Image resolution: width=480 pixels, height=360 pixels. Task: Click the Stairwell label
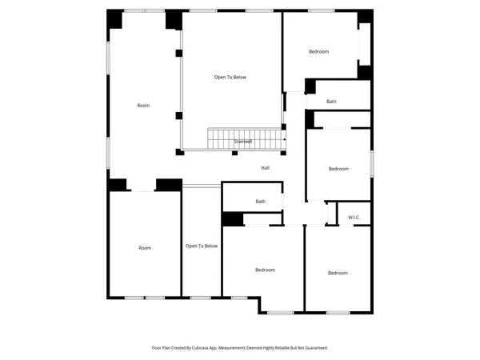tap(242, 142)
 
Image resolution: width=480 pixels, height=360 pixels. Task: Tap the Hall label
tap(265, 168)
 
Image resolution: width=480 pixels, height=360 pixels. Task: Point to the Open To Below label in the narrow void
tap(202, 246)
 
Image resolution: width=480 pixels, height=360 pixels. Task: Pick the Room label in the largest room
tap(143, 106)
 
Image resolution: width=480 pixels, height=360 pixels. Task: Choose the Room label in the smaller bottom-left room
tap(144, 248)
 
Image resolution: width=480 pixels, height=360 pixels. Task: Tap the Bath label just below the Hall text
tap(260, 202)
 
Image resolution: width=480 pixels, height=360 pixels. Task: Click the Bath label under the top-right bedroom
tap(331, 102)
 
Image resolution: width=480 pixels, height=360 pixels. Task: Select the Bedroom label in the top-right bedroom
tap(319, 52)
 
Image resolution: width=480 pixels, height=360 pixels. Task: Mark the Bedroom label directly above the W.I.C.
tap(338, 169)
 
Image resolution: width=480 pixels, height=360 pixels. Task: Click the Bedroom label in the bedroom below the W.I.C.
tap(338, 274)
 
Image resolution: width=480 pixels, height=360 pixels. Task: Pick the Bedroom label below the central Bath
tap(265, 270)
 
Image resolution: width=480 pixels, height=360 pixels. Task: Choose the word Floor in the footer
tap(157, 348)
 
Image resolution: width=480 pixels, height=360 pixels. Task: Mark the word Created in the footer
tap(187, 348)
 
